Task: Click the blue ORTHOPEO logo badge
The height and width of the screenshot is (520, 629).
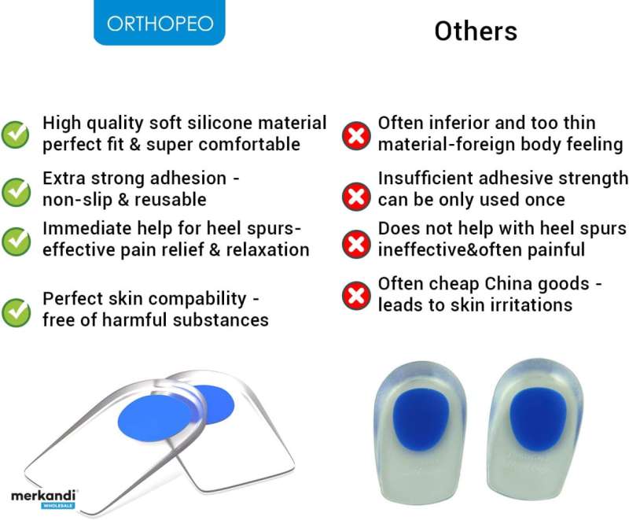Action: [x=160, y=22]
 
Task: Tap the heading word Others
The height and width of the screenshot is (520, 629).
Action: [x=476, y=31]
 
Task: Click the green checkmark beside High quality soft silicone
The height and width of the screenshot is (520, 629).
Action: [x=15, y=135]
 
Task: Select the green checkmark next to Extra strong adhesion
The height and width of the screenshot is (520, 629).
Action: [x=16, y=192]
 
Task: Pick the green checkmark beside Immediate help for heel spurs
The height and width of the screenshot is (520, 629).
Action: [x=16, y=242]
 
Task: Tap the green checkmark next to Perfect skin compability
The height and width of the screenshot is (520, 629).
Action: [x=16, y=312]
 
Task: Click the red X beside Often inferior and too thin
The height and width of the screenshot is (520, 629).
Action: [x=356, y=136]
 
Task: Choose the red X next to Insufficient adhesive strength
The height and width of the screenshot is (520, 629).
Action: [x=356, y=197]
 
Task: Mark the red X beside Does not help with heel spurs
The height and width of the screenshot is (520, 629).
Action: [x=356, y=244]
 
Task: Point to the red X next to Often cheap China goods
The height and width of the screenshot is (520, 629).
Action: [x=356, y=296]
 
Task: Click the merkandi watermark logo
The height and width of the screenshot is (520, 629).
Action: [x=43, y=499]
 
